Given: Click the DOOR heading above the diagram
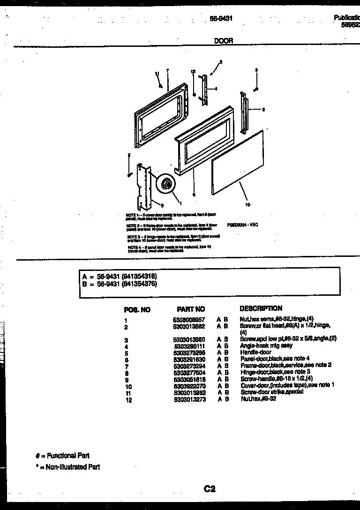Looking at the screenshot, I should (x=223, y=41).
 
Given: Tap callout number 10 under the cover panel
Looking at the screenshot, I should (x=247, y=204).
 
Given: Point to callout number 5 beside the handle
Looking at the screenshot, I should (x=263, y=110).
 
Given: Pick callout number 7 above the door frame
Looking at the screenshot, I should (x=167, y=70).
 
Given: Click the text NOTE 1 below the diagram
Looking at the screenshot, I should (x=132, y=215).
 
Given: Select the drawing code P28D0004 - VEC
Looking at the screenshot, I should (x=242, y=225).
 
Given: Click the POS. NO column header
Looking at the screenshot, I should (x=137, y=310).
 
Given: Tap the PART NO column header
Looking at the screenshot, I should (x=191, y=309).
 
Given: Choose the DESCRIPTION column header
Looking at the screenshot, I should (x=261, y=308).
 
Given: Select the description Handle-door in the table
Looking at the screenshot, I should (x=255, y=352).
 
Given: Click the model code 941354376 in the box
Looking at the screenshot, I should (x=139, y=284).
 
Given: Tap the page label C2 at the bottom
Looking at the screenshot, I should (x=210, y=489).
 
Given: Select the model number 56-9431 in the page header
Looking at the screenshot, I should (x=221, y=19).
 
